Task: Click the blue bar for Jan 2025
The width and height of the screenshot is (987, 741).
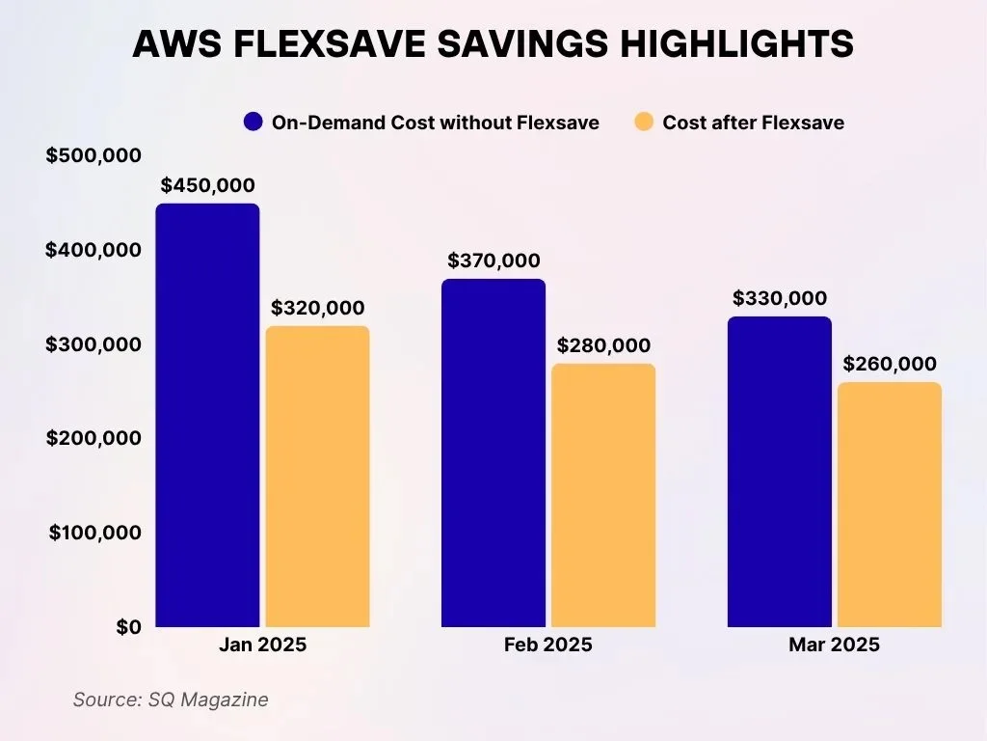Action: pyautogui.click(x=207, y=415)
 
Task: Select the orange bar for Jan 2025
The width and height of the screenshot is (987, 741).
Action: pyautogui.click(x=317, y=477)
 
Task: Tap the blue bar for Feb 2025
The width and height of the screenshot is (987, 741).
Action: pyautogui.click(x=493, y=453)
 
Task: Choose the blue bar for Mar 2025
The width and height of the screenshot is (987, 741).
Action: pyautogui.click(x=779, y=472)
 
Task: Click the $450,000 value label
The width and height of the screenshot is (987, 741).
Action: pyautogui.click(x=207, y=185)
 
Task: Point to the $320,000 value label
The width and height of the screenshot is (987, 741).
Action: pyautogui.click(x=317, y=308)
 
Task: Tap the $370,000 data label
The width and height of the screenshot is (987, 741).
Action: pyautogui.click(x=493, y=261)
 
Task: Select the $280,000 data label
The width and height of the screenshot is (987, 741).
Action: pyautogui.click(x=603, y=345)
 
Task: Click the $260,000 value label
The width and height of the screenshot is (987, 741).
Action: pyautogui.click(x=889, y=364)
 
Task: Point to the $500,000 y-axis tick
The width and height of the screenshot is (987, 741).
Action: pyautogui.click(x=93, y=155)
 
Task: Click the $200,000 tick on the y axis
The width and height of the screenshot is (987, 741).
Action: pyautogui.click(x=93, y=438)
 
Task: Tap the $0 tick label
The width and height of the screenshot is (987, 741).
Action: pyautogui.click(x=128, y=627)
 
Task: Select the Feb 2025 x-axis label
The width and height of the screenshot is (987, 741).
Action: pyautogui.click(x=548, y=645)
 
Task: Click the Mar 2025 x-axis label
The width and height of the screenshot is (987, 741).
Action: pyautogui.click(x=834, y=645)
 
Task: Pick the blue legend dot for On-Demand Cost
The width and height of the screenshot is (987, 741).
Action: pyautogui.click(x=253, y=123)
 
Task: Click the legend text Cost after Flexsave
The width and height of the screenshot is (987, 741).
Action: pyautogui.click(x=753, y=123)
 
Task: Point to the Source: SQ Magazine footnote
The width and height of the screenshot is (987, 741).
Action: pyautogui.click(x=171, y=700)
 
